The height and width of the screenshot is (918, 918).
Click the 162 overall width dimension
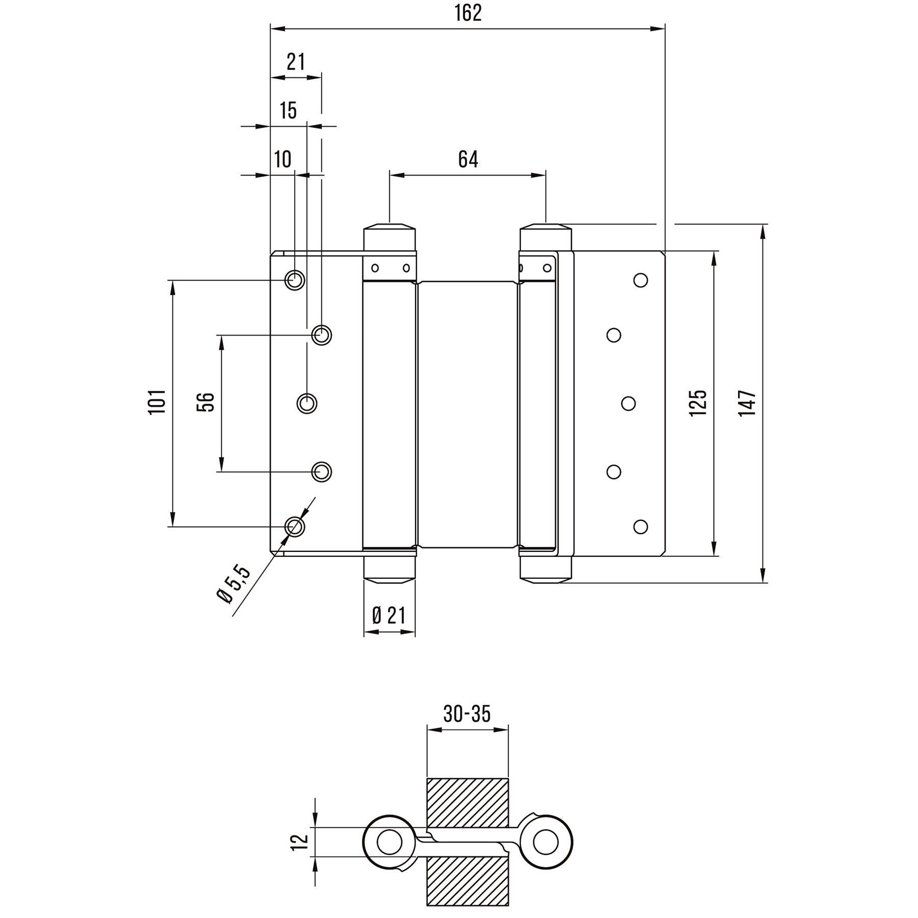click(x=468, y=14)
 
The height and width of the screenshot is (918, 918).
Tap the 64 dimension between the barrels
click(x=468, y=159)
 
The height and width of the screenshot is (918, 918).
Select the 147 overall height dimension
click(x=748, y=403)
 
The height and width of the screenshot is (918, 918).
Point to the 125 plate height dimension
click(x=699, y=403)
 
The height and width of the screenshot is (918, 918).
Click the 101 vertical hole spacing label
click(x=158, y=401)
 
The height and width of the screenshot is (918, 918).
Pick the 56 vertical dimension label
click(x=206, y=402)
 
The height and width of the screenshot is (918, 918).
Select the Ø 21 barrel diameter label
click(x=389, y=616)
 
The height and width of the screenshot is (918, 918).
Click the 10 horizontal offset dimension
click(x=283, y=159)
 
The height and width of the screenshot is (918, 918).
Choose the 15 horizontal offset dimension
click(x=288, y=110)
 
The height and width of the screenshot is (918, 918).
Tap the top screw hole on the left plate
click(x=294, y=280)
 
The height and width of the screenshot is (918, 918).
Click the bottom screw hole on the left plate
click(x=294, y=526)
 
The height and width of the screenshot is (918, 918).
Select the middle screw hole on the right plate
click(x=628, y=403)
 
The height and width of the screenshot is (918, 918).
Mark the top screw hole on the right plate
click(x=641, y=280)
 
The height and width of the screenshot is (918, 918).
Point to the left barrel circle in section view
click(x=389, y=841)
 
